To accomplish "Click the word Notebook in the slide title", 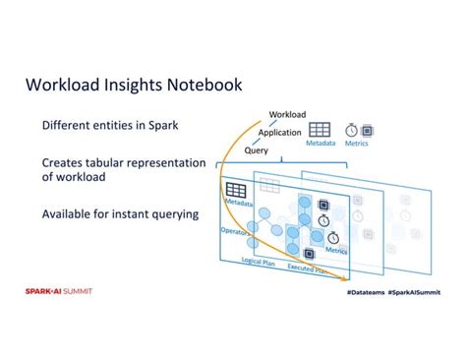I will (x=198, y=86).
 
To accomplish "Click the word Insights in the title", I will (x=123, y=86).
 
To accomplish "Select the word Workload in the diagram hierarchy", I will (x=288, y=115).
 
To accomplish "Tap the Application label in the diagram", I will (x=280, y=133).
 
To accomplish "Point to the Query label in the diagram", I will (x=257, y=150).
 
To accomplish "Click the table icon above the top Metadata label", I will (x=320, y=130).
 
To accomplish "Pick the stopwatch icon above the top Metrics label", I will (x=351, y=130).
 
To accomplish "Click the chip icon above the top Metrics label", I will (x=367, y=130).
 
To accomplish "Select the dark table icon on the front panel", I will (x=235, y=188).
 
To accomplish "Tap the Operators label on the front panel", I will (x=233, y=233).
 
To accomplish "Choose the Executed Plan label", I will (x=307, y=268).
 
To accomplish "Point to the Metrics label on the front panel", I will (x=337, y=250).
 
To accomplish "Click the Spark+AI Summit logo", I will (x=59, y=290).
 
